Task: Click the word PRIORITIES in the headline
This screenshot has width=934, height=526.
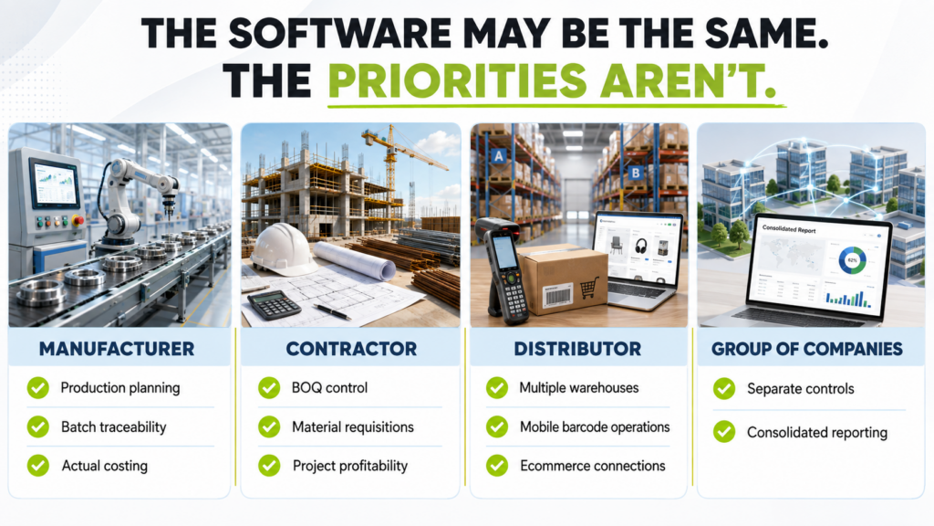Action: tap(458, 80)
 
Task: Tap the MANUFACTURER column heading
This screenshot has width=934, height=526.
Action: tap(117, 349)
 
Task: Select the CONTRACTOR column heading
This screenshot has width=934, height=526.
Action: tap(351, 349)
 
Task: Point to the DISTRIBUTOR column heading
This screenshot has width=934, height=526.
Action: tap(577, 349)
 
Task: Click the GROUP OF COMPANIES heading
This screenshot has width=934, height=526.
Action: tap(807, 349)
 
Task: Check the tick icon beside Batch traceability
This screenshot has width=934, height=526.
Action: tap(38, 427)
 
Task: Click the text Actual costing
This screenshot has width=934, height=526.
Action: tap(105, 466)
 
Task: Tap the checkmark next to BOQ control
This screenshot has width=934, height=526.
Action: tap(269, 387)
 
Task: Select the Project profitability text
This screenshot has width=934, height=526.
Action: tap(350, 466)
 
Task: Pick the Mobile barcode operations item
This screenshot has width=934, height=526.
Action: tap(595, 427)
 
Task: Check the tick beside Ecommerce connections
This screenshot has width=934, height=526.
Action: tap(497, 466)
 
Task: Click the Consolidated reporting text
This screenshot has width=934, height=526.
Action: tap(817, 432)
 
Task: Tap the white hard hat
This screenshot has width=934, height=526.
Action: tap(280, 248)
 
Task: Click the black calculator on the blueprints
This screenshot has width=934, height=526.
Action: tap(274, 305)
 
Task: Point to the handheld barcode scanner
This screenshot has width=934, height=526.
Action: tap(503, 271)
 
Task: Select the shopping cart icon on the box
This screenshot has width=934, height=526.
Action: tap(589, 289)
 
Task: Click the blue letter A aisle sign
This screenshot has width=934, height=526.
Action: tap(499, 156)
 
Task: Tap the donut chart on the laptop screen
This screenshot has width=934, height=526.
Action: tap(853, 261)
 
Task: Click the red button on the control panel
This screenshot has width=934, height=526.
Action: tap(77, 221)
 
